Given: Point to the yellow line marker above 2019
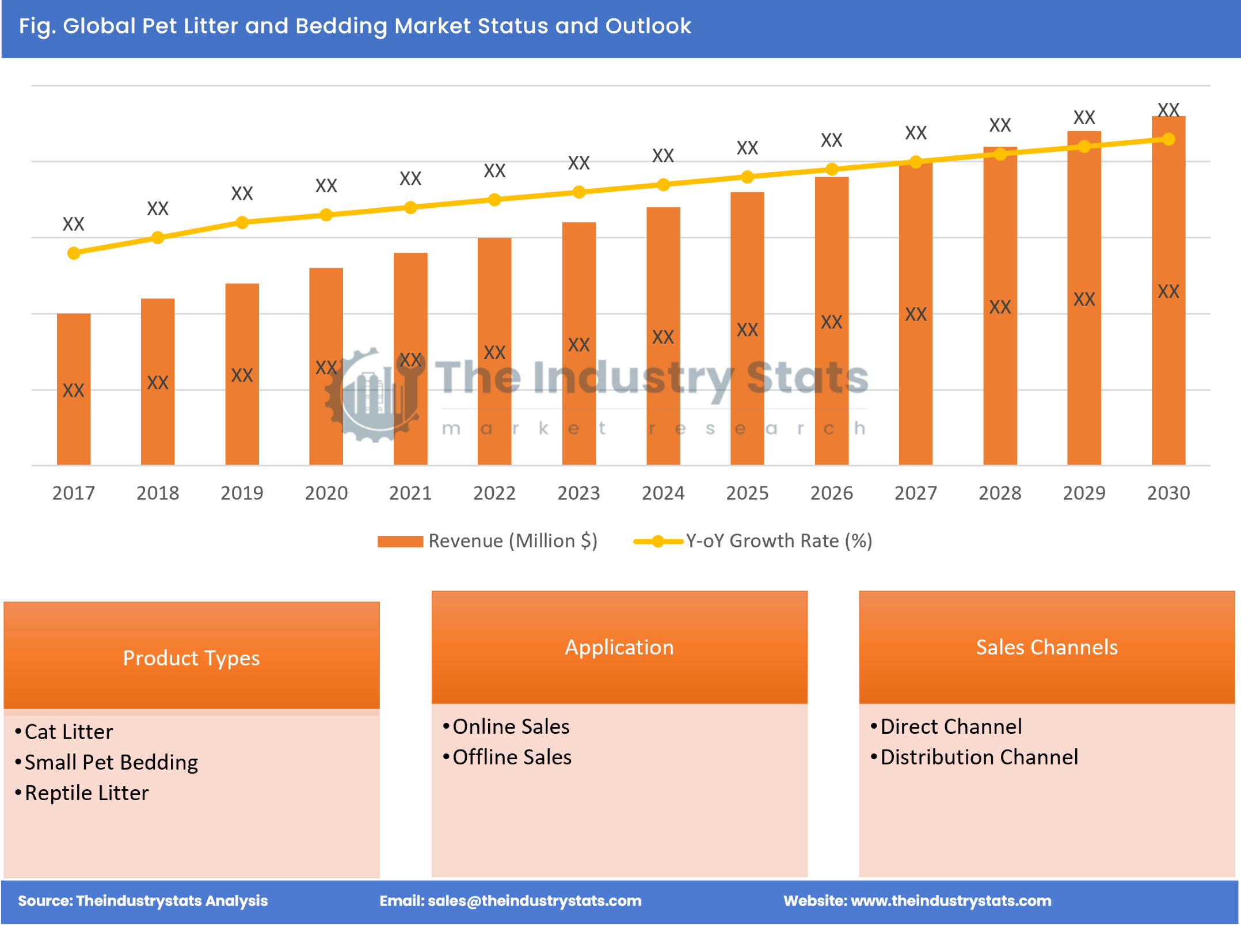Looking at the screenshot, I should coord(242,222).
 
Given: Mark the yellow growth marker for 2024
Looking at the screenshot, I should coord(663,185).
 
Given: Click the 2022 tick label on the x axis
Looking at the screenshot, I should coord(494,493).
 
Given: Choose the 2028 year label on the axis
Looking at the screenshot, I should coord(1000,493).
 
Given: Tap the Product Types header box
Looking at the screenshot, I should coord(191,657).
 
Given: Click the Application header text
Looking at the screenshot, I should coord(619,647).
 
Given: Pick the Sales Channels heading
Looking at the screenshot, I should coord(1046,647).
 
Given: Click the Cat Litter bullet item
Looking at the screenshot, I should coord(68,732).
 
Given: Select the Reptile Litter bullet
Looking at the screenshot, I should coord(86,793).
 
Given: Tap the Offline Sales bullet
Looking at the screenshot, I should coord(512,757).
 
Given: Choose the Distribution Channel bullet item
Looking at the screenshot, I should coord(979,757).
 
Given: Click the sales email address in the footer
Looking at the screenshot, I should coord(534,901).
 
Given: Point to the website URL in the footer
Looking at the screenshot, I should coord(950,901).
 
